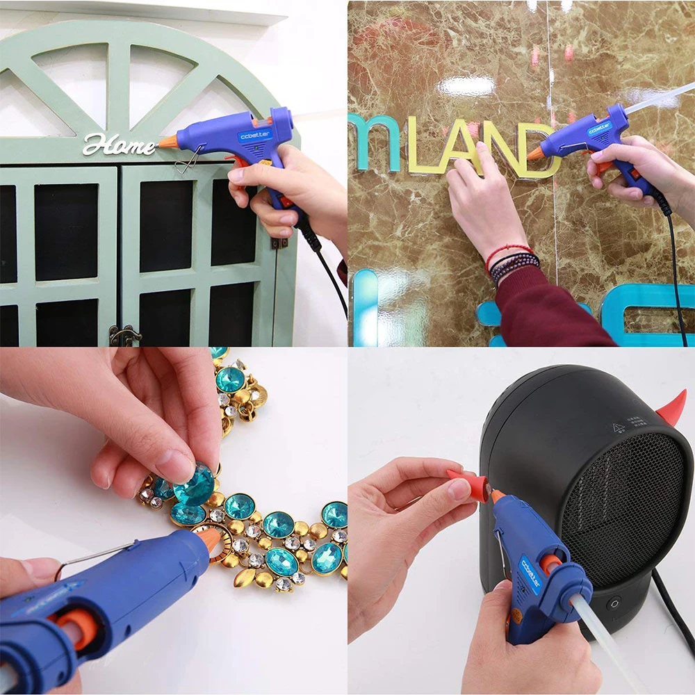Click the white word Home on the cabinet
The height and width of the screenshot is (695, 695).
coord(118,145)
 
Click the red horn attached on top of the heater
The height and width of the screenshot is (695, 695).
coord(672,409)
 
